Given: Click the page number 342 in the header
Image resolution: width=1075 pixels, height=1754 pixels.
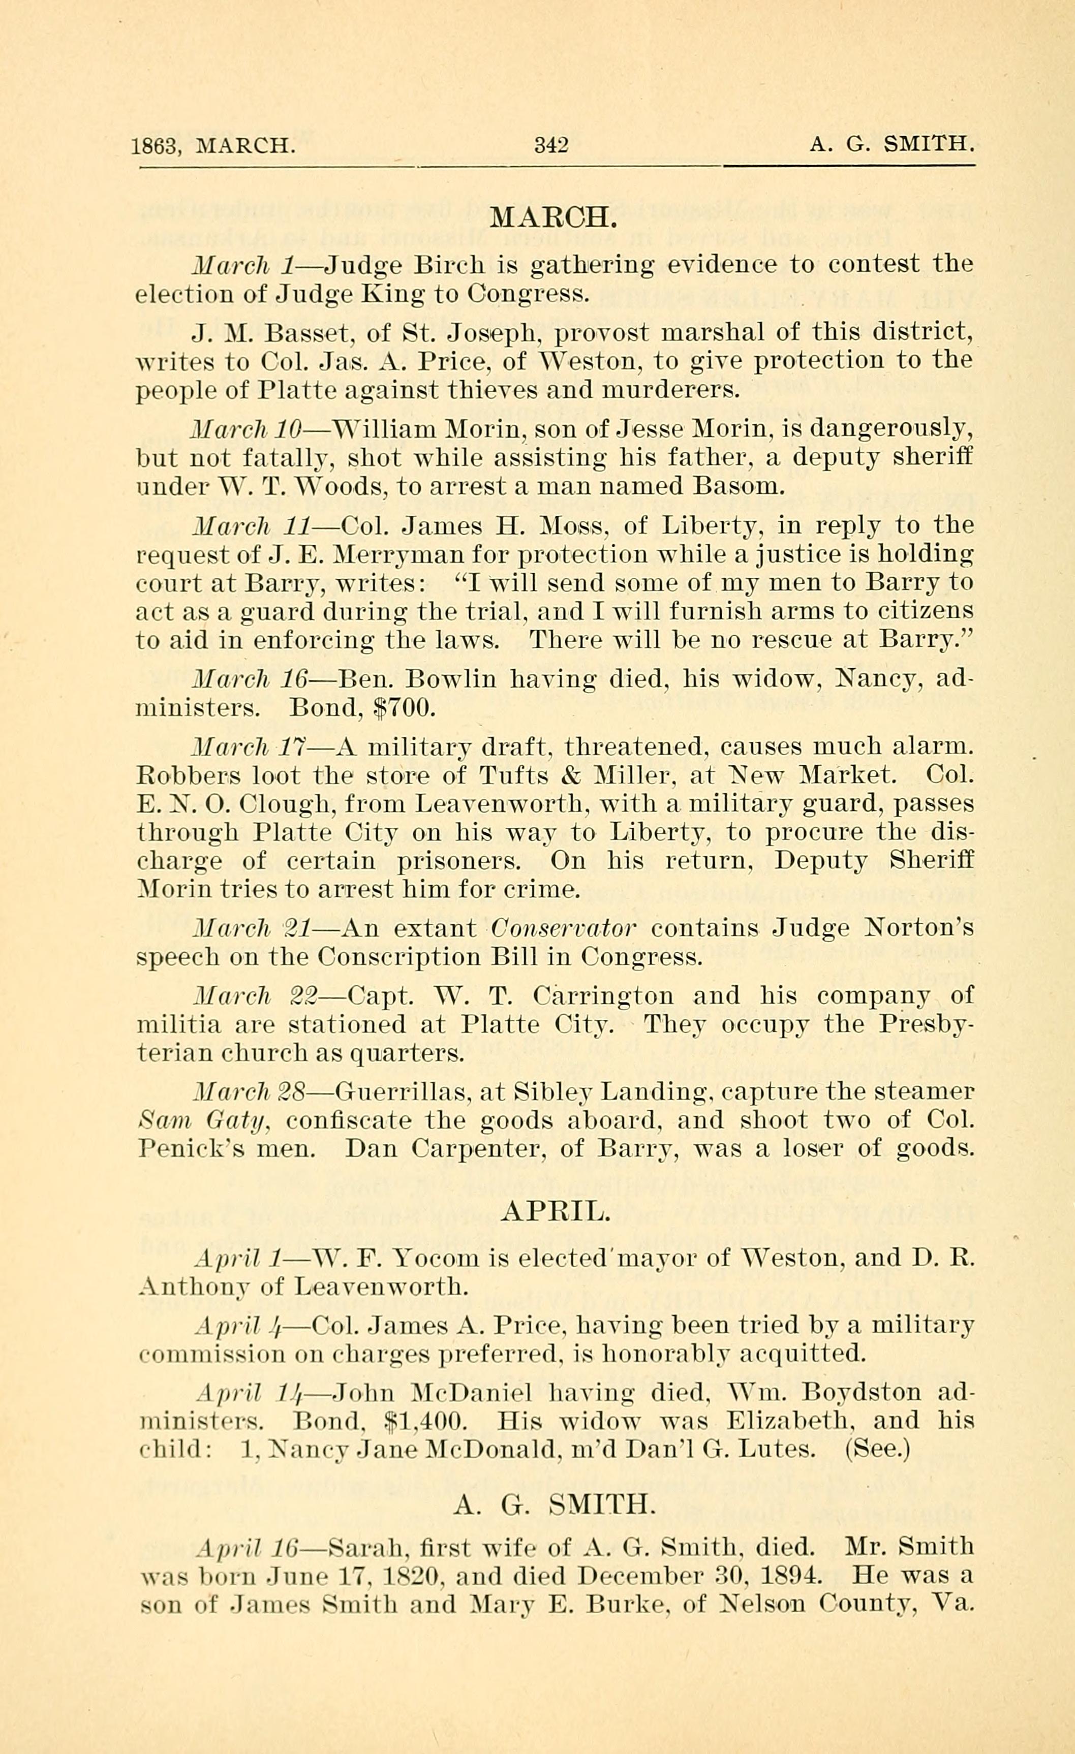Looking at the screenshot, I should [551, 145].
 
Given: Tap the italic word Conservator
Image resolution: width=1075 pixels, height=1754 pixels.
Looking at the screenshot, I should [563, 928].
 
